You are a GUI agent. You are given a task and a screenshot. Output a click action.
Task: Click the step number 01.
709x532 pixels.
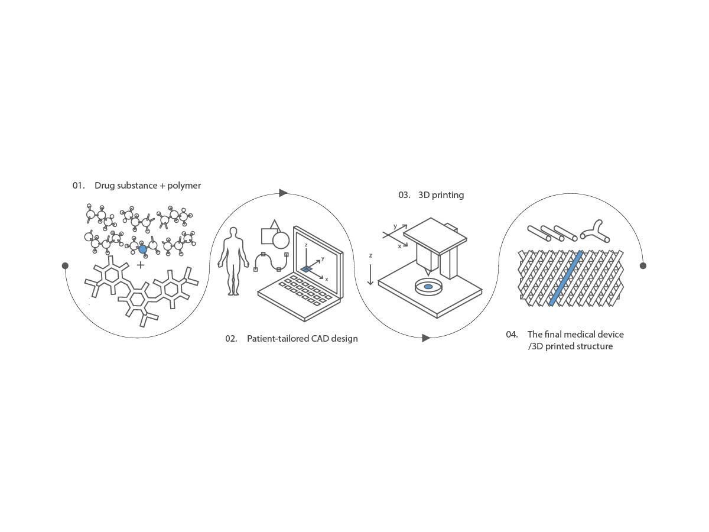coord(79,186)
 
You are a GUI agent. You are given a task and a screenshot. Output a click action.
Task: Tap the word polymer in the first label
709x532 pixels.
coord(184,186)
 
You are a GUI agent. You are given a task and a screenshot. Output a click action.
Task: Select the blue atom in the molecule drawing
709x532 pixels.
coord(142,249)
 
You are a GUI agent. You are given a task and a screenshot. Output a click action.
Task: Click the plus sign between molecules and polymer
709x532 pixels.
coord(141,265)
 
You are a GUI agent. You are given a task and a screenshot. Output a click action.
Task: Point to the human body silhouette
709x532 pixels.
coord(233,261)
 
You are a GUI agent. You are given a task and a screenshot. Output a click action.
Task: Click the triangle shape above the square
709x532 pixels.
coord(275,225)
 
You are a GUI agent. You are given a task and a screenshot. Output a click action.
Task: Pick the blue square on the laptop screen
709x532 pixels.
coord(306,269)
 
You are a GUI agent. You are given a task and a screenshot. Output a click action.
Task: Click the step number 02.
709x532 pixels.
coord(231,339)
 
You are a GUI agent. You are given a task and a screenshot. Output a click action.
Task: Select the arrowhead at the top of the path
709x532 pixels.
coord(283,193)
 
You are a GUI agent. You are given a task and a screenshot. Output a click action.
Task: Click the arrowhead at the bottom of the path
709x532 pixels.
coord(426,338)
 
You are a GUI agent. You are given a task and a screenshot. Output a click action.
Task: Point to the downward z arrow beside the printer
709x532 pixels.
coord(370,274)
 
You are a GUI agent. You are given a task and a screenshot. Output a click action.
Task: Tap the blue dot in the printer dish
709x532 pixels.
coord(428,287)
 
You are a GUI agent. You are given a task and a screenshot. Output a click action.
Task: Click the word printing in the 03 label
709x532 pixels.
coord(448,196)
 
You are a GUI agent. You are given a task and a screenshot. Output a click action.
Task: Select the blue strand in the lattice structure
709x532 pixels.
coord(566,278)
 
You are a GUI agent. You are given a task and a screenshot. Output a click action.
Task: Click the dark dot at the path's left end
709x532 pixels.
coord(65,265)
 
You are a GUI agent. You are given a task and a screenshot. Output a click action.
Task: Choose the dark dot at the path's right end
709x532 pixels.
coord(643,265)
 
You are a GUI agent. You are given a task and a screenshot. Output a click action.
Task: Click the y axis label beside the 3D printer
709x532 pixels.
coord(395,226)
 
